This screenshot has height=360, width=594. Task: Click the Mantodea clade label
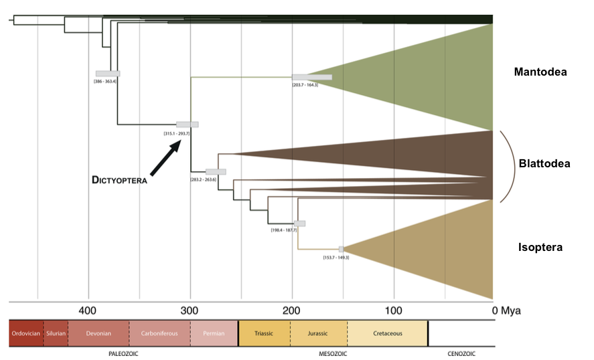point(540,72)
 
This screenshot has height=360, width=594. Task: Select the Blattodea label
point(544,163)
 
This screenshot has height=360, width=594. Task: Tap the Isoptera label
point(540,248)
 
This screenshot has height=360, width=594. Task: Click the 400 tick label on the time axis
point(87,311)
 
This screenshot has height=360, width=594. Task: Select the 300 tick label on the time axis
point(190,311)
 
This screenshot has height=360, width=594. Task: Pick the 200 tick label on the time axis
point(291,311)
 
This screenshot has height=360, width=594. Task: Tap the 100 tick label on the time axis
point(394,311)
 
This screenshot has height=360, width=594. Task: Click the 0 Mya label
point(506,311)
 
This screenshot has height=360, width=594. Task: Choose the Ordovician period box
point(26,333)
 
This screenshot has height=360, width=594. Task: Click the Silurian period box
point(56,333)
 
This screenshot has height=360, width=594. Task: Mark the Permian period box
point(214,333)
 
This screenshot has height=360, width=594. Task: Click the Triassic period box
point(264,333)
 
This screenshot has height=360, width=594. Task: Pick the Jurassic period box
point(319,333)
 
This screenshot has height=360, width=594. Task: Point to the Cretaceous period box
point(388,333)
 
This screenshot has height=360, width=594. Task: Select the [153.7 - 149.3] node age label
point(336,258)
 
